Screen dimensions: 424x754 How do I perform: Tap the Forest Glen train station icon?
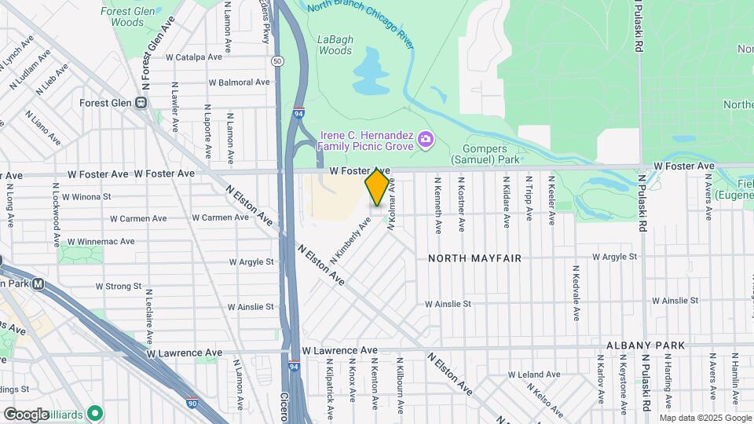pos(141,102)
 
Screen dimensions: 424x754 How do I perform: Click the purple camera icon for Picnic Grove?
pos(426,140)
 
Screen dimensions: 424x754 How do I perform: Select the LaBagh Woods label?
pos(335,45)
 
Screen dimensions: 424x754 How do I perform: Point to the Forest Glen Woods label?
pos(126,17)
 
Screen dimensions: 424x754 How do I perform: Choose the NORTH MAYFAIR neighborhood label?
pos(474,258)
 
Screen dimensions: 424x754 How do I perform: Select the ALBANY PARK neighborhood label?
pos(646,345)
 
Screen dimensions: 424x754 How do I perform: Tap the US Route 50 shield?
pos(277,60)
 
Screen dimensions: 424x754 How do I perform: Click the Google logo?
pos(26,414)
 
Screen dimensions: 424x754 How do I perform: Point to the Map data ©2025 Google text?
pos(705,418)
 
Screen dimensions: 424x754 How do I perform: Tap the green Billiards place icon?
pos(95,411)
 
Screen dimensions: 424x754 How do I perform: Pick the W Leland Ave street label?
pos(535,375)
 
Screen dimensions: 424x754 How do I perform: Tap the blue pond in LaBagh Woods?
pos(371,71)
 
